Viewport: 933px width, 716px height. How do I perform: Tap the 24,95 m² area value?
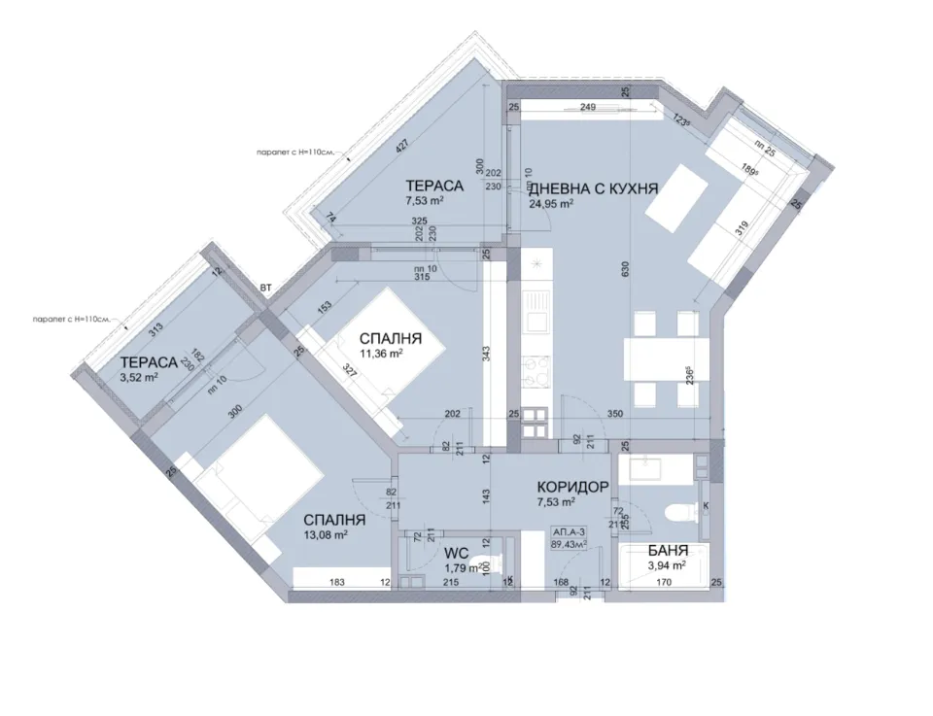(551, 204)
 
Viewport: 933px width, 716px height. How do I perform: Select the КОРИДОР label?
(572, 487)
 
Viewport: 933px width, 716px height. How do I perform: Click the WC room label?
(457, 553)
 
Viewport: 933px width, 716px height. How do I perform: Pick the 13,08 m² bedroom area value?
(327, 533)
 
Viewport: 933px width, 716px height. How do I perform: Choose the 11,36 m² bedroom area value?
(381, 354)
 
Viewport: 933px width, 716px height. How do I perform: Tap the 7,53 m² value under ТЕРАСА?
(425, 201)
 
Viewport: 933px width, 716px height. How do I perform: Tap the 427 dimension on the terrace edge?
(402, 147)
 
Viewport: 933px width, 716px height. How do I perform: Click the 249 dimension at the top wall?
(587, 107)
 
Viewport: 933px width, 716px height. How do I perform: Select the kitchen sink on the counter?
(536, 320)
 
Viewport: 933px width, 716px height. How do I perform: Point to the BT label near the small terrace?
(266, 288)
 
